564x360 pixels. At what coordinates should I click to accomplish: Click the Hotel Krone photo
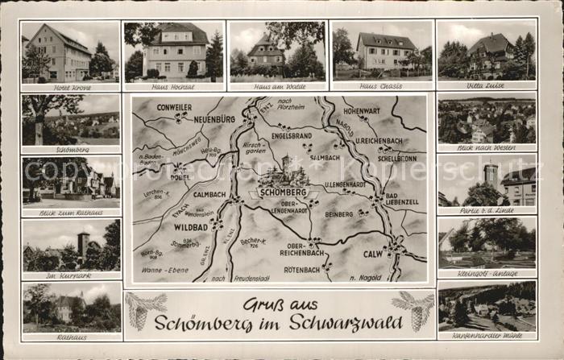click(x=70, y=52)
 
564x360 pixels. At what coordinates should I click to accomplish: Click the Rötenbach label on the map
click(x=302, y=269)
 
